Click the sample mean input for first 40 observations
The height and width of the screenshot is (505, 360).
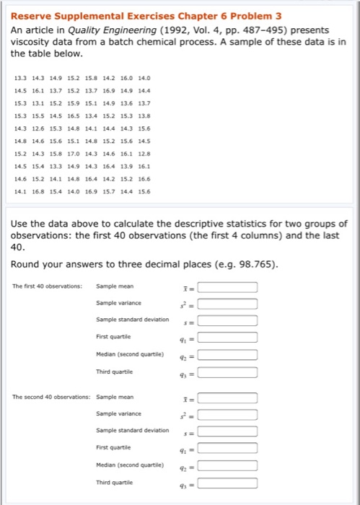(x=228, y=288)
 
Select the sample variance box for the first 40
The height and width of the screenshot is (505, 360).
(x=228, y=304)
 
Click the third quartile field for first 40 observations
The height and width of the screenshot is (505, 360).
(x=228, y=373)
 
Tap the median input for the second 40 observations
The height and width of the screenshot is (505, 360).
(x=228, y=467)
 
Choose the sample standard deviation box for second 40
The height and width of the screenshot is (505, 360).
(x=228, y=432)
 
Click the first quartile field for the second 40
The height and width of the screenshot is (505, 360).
(x=228, y=450)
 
